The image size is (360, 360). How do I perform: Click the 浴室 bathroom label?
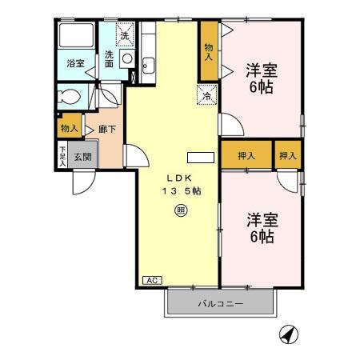(x=75, y=63)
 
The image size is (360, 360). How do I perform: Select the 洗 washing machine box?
(x=124, y=34)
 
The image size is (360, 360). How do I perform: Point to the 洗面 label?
(x=110, y=60)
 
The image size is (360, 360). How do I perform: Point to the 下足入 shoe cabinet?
(x=62, y=154)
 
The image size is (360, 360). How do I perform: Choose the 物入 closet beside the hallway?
(x=69, y=126)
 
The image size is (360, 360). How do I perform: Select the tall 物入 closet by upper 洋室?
(x=208, y=53)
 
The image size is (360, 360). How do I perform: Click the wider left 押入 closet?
(x=245, y=154)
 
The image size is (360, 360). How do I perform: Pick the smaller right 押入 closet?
(x=287, y=154)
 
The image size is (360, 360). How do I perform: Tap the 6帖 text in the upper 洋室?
(x=261, y=87)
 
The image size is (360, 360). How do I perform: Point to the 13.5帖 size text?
(x=182, y=190)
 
